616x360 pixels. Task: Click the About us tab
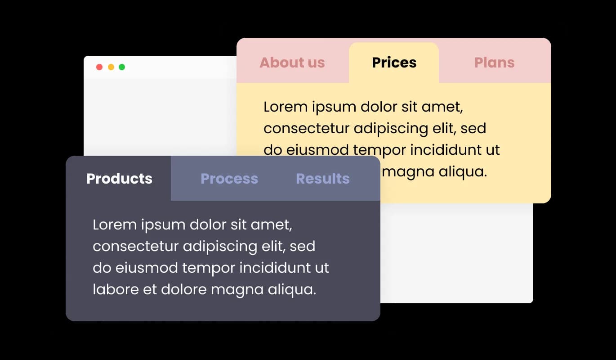point(292,63)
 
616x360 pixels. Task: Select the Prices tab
point(394,63)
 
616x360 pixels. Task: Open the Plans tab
point(494,63)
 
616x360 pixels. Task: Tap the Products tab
point(119,179)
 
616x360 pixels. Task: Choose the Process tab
point(229,179)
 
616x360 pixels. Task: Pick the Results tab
point(322,179)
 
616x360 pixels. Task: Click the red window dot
point(99,67)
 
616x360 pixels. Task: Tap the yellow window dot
point(111,67)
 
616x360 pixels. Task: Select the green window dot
point(122,67)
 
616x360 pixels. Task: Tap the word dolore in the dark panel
point(184,289)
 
